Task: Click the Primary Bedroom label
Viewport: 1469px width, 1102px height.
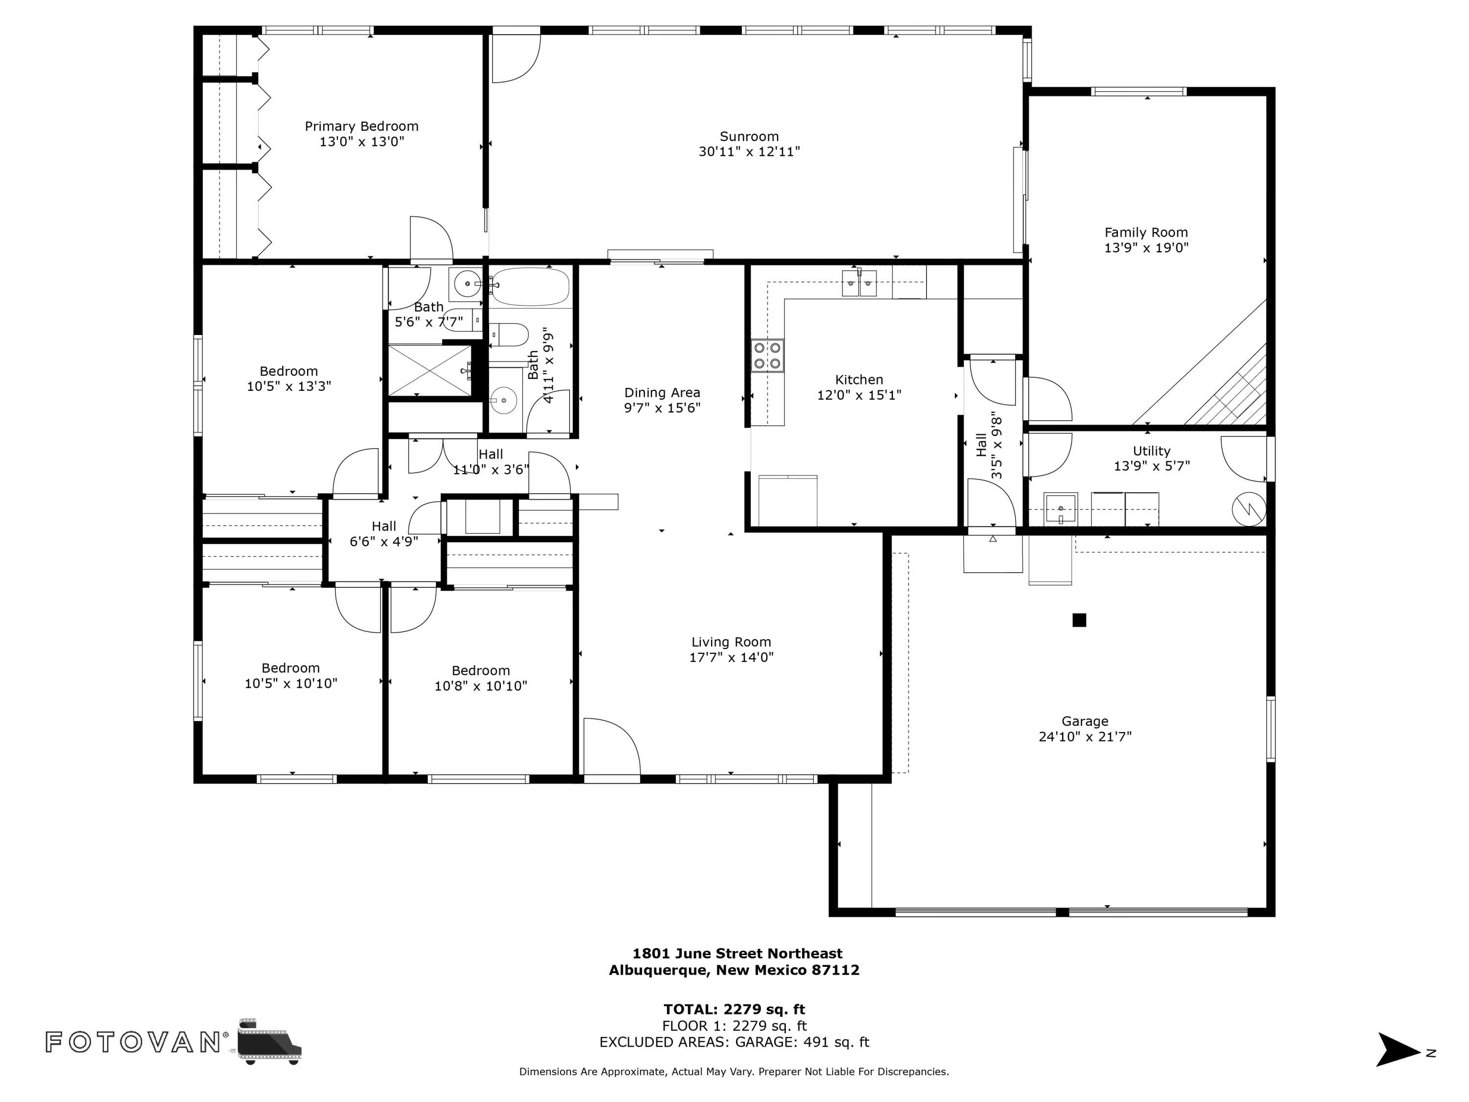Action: pos(361,126)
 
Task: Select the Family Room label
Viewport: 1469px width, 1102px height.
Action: pos(1146,233)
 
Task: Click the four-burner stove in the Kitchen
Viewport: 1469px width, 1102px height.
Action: pos(767,356)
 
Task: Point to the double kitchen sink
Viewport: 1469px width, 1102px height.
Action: pos(859,284)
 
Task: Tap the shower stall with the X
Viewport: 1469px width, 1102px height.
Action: pos(429,371)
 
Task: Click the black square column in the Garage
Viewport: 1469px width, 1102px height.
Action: pos(1079,620)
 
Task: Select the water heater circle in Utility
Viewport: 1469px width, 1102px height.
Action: pos(1249,509)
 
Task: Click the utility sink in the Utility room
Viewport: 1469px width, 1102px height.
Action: pos(1060,509)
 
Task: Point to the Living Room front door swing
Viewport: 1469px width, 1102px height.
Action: pos(612,747)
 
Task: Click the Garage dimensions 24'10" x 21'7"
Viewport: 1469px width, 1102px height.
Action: pos(1085,737)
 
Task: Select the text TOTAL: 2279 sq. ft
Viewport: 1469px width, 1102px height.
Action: pos(734,1009)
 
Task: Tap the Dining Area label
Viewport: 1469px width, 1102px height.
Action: pos(662,393)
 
